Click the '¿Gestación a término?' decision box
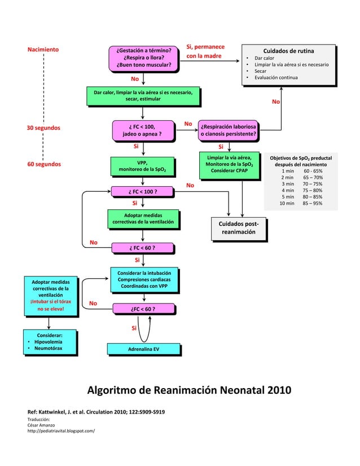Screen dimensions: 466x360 pyautogui.click(x=143, y=58)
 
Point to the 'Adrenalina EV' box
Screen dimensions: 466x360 pyautogui.click(x=143, y=349)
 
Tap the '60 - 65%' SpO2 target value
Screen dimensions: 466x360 pyautogui.click(x=313, y=171)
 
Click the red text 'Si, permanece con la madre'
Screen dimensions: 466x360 pyautogui.click(x=205, y=51)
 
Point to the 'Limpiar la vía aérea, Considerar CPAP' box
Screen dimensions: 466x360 pyautogui.click(x=229, y=163)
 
